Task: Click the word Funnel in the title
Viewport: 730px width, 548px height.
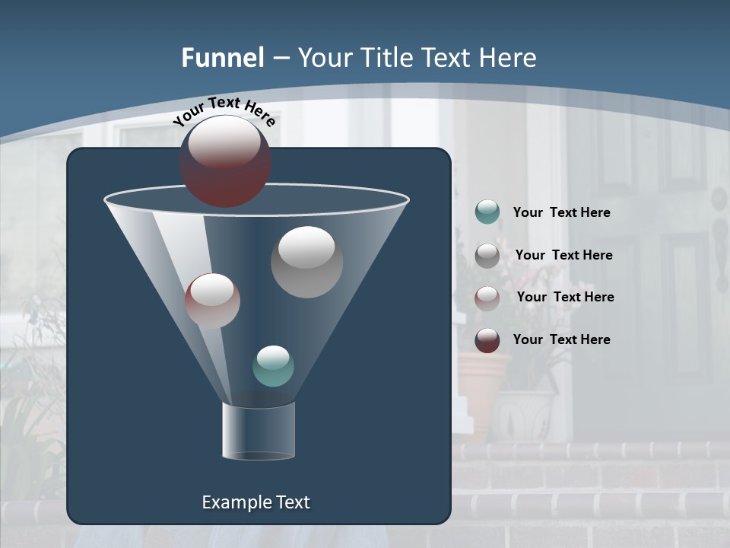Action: [222, 57]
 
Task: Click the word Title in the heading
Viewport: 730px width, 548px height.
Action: [380, 57]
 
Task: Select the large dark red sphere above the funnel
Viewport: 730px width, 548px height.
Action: [224, 161]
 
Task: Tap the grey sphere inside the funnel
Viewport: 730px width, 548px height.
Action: [306, 262]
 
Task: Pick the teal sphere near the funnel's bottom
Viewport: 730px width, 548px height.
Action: [273, 366]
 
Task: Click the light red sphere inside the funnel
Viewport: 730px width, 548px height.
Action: [212, 301]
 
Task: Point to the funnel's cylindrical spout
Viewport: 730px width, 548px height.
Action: [259, 431]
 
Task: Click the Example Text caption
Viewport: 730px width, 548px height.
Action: [255, 502]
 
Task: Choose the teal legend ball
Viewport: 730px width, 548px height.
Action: [487, 212]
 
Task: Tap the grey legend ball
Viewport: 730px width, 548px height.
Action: [487, 255]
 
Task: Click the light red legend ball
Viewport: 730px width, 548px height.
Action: [487, 298]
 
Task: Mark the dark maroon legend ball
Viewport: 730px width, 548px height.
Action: [487, 340]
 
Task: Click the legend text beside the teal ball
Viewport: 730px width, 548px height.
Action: [561, 212]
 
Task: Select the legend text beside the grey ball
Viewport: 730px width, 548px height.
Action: [563, 255]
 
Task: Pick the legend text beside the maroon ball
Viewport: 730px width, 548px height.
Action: [561, 339]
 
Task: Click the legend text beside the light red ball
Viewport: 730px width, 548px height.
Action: [565, 297]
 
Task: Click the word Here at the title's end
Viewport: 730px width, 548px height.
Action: [509, 57]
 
